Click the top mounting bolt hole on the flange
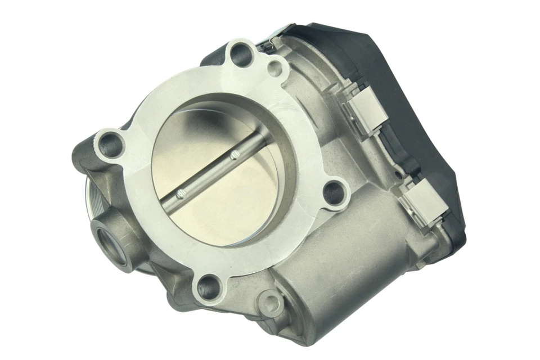[240, 55]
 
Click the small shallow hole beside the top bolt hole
[275, 69]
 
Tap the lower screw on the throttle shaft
[181, 195]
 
